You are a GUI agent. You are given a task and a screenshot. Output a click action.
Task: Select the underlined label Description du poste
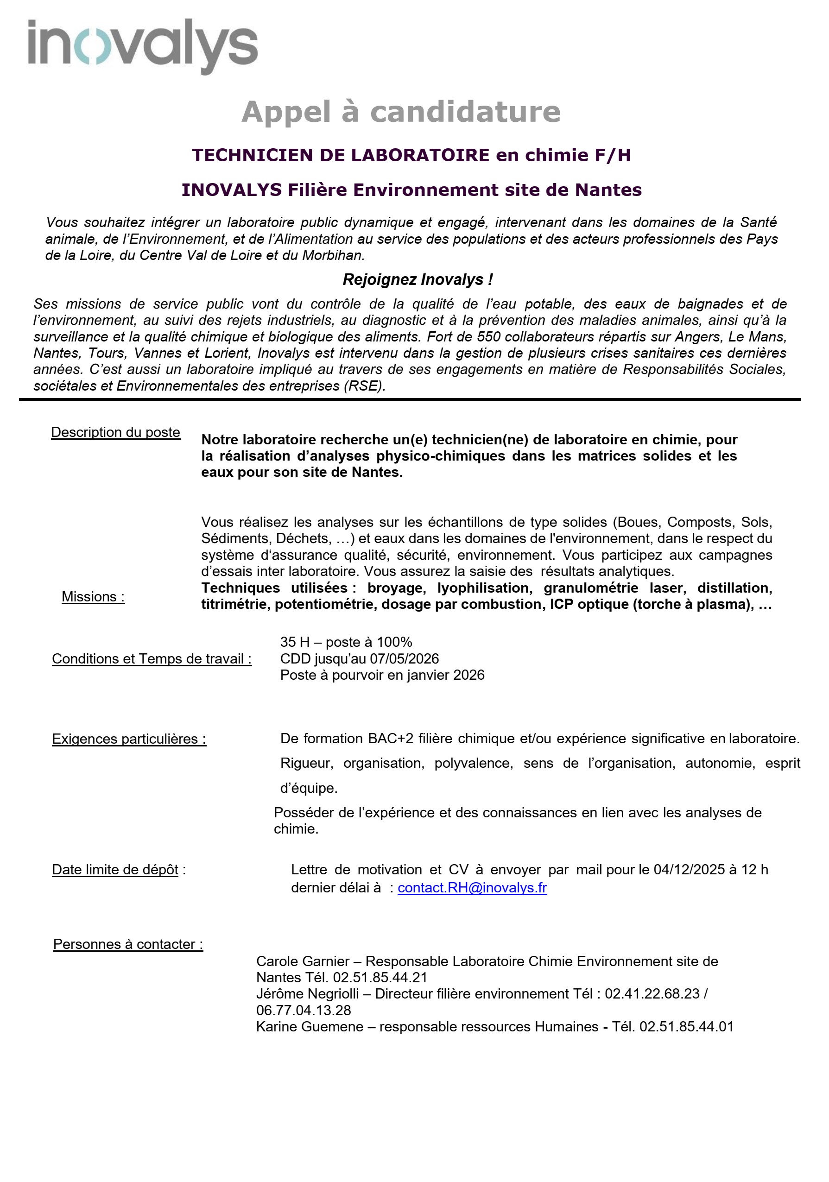tap(115, 432)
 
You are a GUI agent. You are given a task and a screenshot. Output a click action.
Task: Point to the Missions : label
tap(93, 596)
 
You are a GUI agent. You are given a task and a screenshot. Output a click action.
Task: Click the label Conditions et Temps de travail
tap(152, 658)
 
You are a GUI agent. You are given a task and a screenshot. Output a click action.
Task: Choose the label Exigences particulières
tap(129, 739)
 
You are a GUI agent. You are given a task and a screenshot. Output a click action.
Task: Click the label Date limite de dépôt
tap(115, 870)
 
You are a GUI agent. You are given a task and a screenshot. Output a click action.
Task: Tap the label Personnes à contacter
tap(128, 944)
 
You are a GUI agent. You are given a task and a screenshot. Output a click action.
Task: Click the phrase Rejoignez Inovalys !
tap(418, 279)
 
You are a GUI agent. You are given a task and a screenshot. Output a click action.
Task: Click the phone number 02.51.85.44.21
tap(380, 977)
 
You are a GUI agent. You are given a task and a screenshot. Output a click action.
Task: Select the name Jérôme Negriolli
tap(307, 993)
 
